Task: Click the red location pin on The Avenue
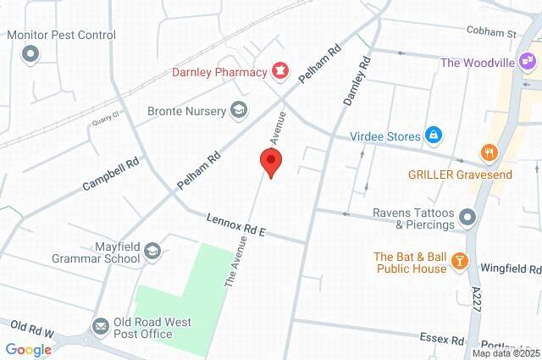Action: (269, 161)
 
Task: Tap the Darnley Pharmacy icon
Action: (278, 70)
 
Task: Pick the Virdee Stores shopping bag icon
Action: (433, 134)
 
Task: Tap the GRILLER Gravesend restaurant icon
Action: (489, 153)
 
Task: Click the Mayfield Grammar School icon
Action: (152, 250)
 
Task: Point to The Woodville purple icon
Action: (527, 62)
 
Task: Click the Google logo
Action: (29, 349)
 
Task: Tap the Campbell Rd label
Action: (111, 173)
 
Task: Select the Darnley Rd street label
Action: (357, 80)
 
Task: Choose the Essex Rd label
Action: (442, 339)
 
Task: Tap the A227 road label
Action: (477, 301)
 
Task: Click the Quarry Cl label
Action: (104, 120)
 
